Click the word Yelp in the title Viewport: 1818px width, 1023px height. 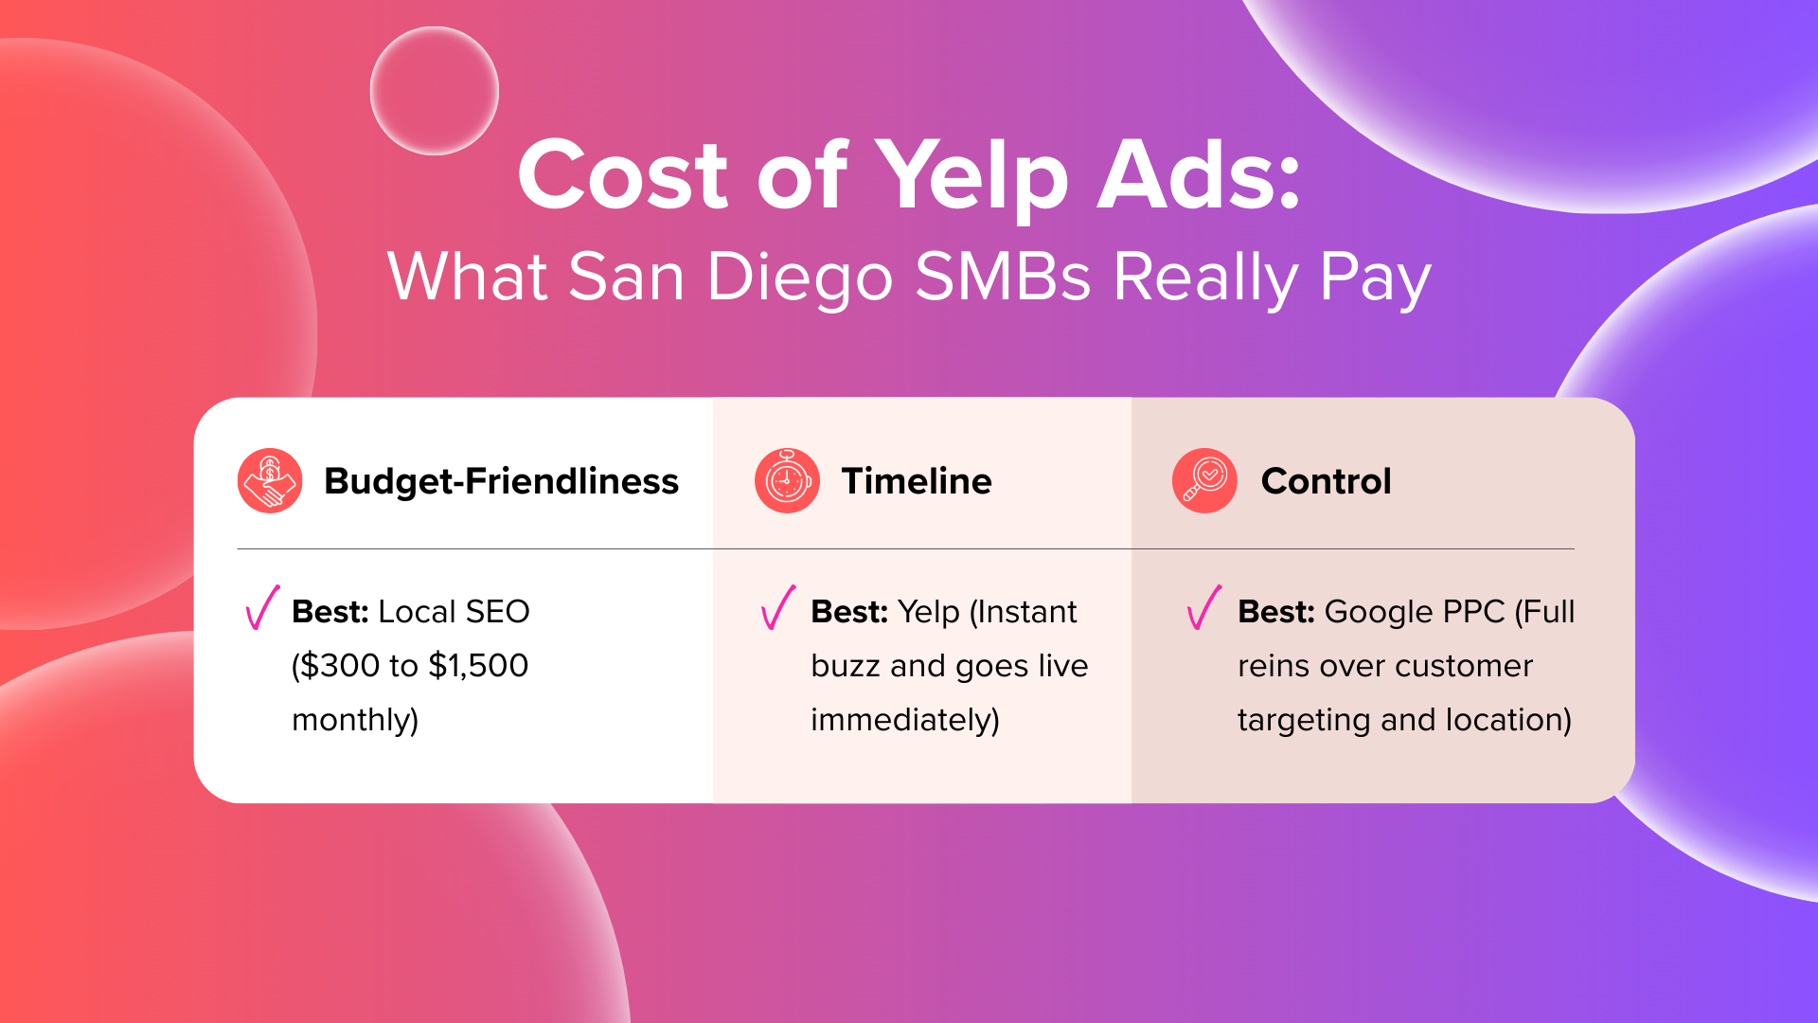pyautogui.click(x=971, y=177)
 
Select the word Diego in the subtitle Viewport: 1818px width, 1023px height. pyautogui.click(x=799, y=278)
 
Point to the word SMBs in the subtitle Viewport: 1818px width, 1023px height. pyautogui.click(x=1003, y=277)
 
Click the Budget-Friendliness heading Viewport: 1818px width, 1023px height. pyautogui.click(x=501, y=481)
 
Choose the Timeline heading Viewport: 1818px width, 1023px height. pyautogui.click(x=917, y=481)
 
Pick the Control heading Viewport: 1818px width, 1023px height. pyautogui.click(x=1326, y=481)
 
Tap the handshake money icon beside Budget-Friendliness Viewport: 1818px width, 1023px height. pyautogui.click(x=270, y=481)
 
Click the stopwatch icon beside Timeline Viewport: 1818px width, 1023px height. pyautogui.click(x=787, y=481)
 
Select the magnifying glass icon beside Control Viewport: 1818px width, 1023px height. pyautogui.click(x=1204, y=481)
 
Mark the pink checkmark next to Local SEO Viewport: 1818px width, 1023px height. pyautogui.click(x=262, y=607)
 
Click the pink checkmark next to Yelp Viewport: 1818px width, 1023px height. pyautogui.click(x=778, y=607)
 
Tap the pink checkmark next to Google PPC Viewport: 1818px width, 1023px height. pyautogui.click(x=1204, y=607)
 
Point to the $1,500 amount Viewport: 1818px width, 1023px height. pyautogui.click(x=478, y=666)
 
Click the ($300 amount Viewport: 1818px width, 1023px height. pyautogui.click(x=336, y=666)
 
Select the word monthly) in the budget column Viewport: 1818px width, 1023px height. pyautogui.click(x=355, y=721)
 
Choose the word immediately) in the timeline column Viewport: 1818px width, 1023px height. pyautogui.click(x=905, y=721)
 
